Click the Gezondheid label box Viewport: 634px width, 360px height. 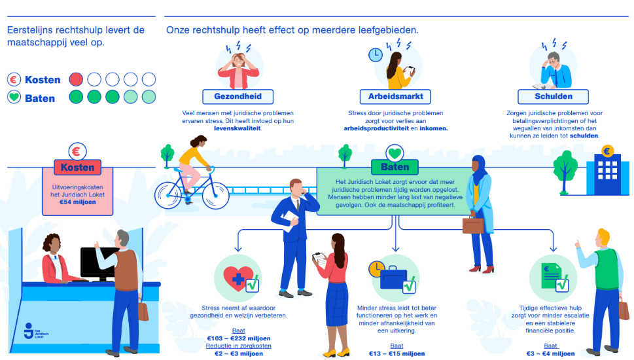pos(238,97)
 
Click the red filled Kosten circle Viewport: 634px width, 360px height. pos(76,79)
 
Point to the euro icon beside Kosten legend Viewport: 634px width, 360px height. pos(14,80)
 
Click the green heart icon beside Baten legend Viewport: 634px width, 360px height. pos(14,98)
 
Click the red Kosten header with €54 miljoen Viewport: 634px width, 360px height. pos(77,167)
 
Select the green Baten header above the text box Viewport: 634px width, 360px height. pos(395,167)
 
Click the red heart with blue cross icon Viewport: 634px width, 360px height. pos(237,279)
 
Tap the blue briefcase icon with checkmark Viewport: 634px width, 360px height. pos(395,279)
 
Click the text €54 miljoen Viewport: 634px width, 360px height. pos(77,202)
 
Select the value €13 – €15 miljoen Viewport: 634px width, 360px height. pos(396,354)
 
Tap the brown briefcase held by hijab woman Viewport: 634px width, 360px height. pos(473,225)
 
